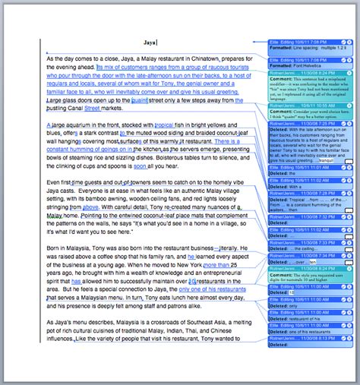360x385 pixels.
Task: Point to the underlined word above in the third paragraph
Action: [91, 207]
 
